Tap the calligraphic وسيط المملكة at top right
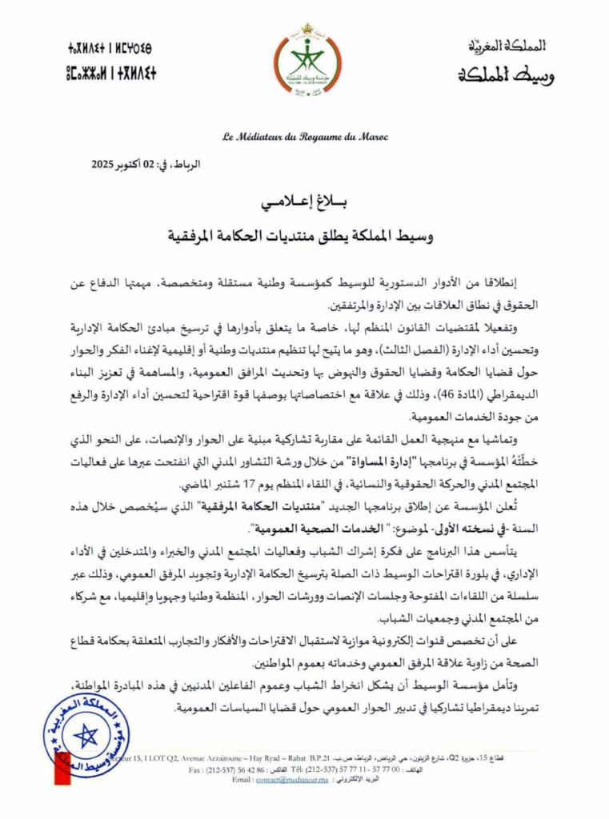pos(506,78)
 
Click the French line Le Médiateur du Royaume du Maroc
pos(304,137)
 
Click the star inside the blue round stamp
pos(85,737)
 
